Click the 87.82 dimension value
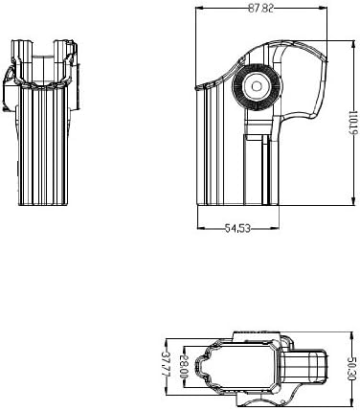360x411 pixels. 260,9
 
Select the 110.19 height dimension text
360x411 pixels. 353,123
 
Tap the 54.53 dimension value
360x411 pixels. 237,228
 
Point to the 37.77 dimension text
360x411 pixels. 166,364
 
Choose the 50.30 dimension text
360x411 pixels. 351,369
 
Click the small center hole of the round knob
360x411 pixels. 256,86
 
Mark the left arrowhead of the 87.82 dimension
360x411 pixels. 199,8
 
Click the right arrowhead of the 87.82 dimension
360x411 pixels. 324,8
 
